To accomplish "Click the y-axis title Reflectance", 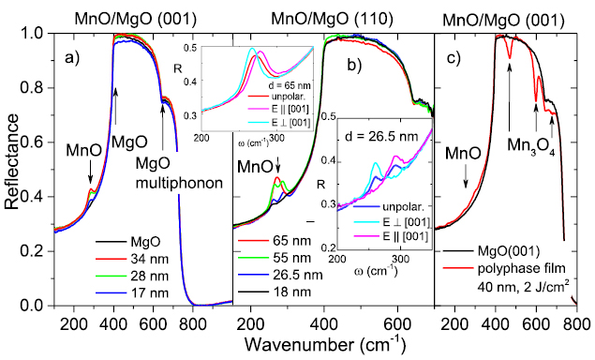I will click(12, 169).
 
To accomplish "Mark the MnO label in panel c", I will click(466, 153).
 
